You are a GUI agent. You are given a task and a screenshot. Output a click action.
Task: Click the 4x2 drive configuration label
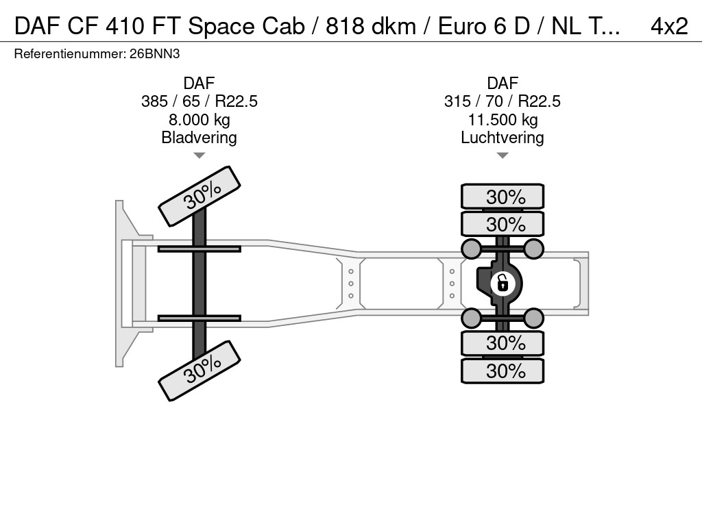[669, 26]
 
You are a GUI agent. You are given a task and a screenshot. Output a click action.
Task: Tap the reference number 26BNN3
[154, 54]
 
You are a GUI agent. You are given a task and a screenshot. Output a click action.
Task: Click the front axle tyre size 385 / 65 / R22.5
[199, 101]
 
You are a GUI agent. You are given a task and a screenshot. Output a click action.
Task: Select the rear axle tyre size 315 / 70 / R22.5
[503, 101]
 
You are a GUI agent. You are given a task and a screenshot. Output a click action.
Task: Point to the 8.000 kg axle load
[199, 120]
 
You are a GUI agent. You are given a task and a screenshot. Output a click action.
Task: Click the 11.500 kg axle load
[503, 120]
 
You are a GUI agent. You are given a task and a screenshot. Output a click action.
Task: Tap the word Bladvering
[199, 138]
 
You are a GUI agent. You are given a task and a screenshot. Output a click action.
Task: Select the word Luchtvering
[503, 138]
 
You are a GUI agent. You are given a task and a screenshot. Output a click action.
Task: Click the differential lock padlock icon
[503, 283]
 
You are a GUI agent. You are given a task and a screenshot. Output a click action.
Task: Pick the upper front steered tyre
[199, 196]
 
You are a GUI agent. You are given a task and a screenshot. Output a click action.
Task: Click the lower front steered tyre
[199, 371]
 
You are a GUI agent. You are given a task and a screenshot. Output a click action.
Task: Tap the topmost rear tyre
[503, 197]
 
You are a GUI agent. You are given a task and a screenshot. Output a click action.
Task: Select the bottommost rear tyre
[503, 371]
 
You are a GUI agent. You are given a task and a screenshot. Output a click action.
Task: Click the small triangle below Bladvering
[199, 155]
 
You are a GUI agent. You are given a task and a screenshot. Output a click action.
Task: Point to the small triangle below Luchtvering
[503, 155]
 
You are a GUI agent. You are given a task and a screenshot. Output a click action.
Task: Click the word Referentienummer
[69, 54]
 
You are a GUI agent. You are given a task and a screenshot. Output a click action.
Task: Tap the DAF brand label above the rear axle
[503, 83]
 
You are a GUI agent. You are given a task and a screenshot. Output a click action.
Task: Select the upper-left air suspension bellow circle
[472, 249]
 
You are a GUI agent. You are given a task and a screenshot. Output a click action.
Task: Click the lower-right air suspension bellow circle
[533, 318]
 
